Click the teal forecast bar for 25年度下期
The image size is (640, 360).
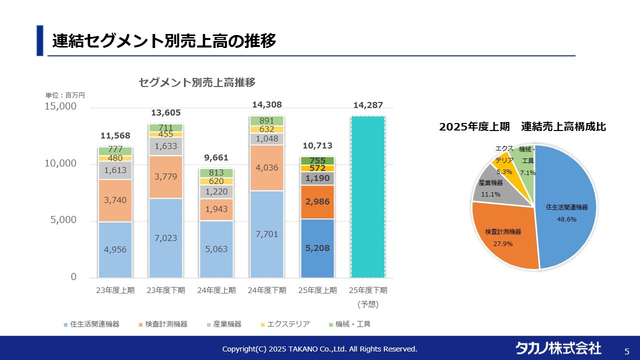[x=368, y=197]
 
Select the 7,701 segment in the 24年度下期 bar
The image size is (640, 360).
[x=267, y=234]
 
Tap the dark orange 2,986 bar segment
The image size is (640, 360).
[x=317, y=202]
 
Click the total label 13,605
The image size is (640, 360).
[x=166, y=113]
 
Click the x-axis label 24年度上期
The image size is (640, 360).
[x=216, y=290]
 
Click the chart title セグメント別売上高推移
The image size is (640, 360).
[x=197, y=82]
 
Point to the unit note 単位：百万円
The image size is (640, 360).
[x=65, y=95]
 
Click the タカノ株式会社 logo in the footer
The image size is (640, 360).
[x=558, y=348]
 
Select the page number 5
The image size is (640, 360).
[x=627, y=350]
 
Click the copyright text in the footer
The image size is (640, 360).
[x=319, y=349]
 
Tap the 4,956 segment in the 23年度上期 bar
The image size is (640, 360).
[x=115, y=250]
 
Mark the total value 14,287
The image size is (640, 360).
[x=368, y=105]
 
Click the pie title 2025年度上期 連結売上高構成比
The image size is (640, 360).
[x=522, y=127]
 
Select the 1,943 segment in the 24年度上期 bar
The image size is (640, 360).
[x=216, y=210]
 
